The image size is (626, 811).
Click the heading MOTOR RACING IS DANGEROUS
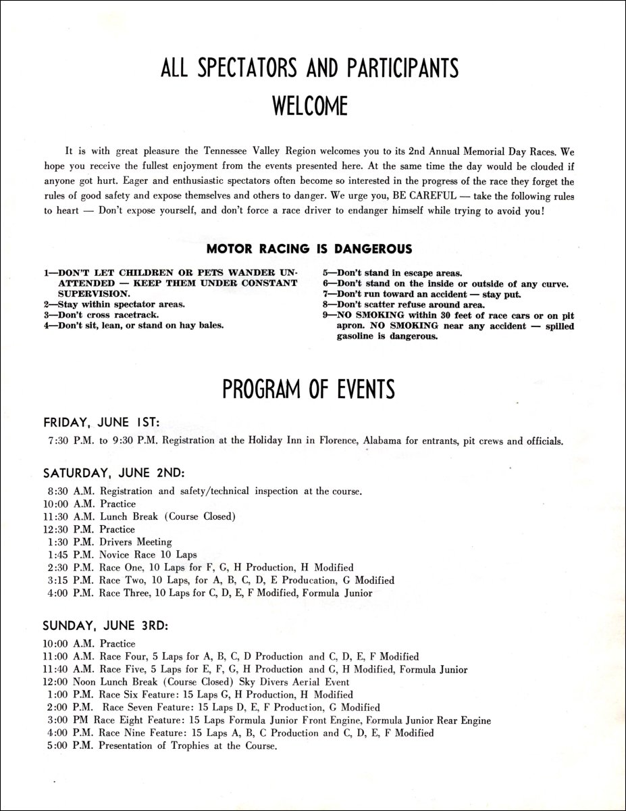coord(309,249)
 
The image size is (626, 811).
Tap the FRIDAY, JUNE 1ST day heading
coord(101,422)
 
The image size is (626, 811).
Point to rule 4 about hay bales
coord(134,324)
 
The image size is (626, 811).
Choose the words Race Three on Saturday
coord(126,593)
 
